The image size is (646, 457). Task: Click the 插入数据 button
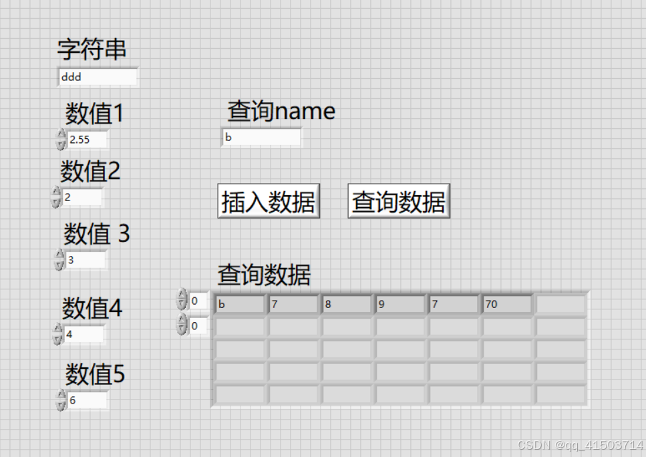point(269,201)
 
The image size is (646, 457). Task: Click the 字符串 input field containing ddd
point(98,77)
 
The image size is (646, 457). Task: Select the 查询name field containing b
point(261,138)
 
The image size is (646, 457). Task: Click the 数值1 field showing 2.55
point(87,140)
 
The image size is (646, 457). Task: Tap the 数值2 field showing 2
point(82,198)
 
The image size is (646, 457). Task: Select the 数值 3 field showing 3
point(86,260)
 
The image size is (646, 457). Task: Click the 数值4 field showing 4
point(84,334)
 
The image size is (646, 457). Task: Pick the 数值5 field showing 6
point(87,400)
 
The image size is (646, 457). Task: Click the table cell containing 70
point(506,305)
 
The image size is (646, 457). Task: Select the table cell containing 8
point(346,305)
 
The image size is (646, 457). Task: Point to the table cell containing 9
point(399,305)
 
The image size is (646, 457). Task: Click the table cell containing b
point(239,305)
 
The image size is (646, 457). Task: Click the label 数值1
point(95,114)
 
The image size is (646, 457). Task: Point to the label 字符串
point(92,49)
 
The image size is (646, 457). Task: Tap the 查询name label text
point(281,111)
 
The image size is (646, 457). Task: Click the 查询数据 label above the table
point(264,275)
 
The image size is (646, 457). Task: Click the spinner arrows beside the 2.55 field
point(61,140)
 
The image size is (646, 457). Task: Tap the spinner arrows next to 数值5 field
point(61,400)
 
